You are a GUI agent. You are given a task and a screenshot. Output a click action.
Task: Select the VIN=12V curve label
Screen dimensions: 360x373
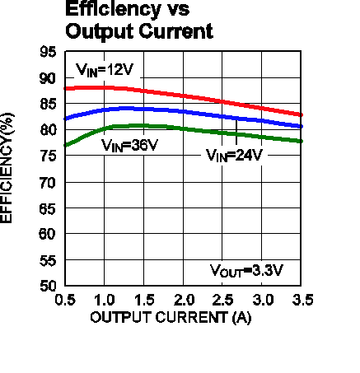[x=105, y=70]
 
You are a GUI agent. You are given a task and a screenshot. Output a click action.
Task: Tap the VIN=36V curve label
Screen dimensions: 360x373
[x=129, y=146]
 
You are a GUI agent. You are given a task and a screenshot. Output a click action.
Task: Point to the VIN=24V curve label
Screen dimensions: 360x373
[x=234, y=156]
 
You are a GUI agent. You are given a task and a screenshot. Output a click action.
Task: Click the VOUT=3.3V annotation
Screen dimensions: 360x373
[x=246, y=271]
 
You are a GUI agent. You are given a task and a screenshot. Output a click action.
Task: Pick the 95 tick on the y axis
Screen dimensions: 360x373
[x=48, y=52]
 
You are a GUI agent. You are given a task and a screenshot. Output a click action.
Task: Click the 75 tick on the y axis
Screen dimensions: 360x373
[x=48, y=156]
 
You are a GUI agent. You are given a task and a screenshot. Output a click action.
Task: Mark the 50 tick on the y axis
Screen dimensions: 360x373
[x=48, y=286]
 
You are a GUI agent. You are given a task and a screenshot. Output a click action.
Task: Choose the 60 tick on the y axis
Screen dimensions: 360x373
[x=48, y=234]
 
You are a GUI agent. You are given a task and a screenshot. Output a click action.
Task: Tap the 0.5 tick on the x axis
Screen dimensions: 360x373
[x=65, y=300]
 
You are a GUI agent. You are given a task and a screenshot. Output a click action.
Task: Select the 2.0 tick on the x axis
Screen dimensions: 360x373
[x=184, y=300]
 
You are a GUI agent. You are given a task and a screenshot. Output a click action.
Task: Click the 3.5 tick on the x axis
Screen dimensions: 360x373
[x=302, y=300]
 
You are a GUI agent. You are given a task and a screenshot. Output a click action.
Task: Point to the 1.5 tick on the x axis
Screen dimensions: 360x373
[x=144, y=300]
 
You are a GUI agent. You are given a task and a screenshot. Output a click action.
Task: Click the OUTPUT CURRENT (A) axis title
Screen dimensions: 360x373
[x=171, y=318]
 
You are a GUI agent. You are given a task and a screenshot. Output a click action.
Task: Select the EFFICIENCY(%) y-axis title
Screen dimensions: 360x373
[x=7, y=168]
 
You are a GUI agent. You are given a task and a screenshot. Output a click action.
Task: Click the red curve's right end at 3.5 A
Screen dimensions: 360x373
[x=302, y=115]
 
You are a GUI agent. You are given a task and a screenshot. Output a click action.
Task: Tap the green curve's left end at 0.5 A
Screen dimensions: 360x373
[x=65, y=145]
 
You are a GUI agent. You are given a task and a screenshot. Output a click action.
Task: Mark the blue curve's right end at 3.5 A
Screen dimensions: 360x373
[x=302, y=127]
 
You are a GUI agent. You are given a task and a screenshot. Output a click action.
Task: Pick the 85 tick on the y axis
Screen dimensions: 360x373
[x=48, y=104]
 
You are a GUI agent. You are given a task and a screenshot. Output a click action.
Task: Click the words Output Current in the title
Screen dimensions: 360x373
[x=139, y=31]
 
